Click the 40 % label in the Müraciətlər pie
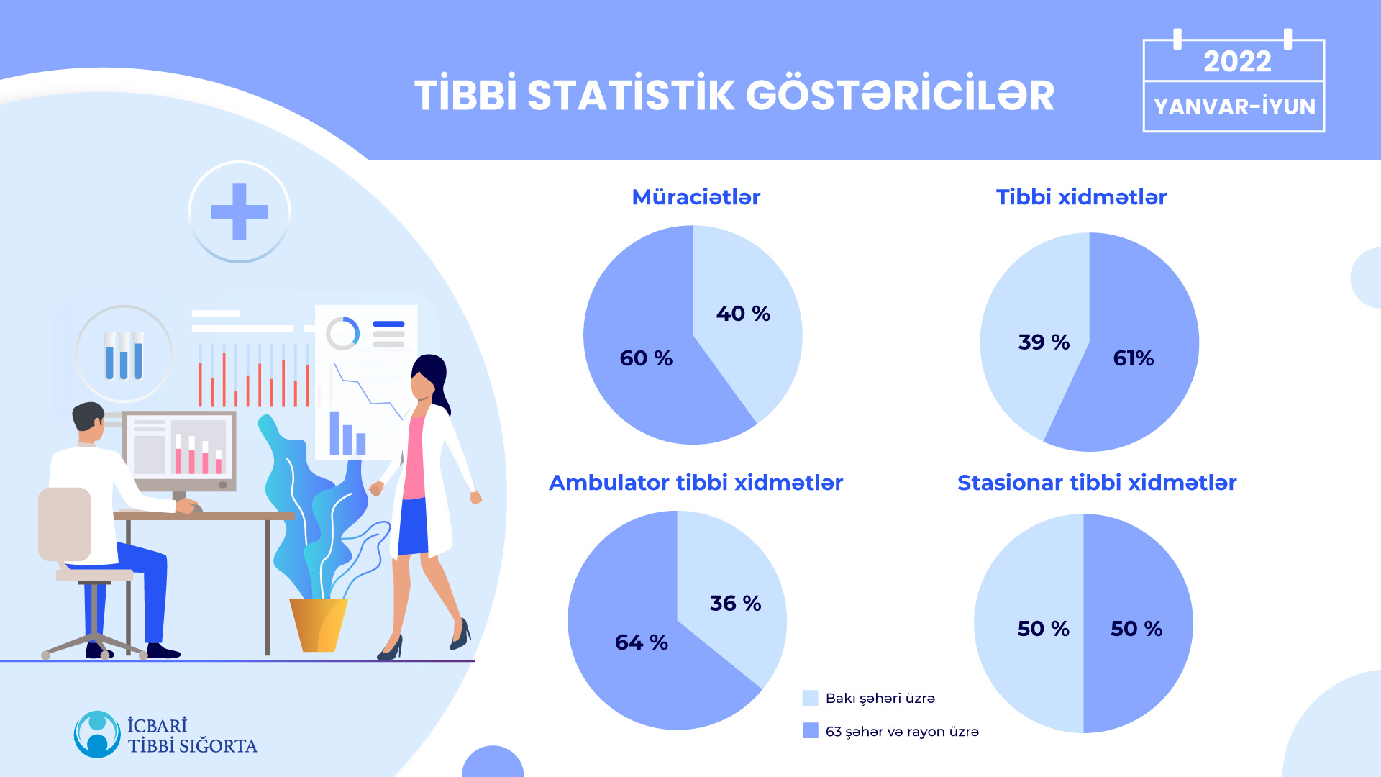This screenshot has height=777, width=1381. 743,314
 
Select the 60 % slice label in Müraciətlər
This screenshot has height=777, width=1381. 646,358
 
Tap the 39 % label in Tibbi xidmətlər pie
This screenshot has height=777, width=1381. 1044,342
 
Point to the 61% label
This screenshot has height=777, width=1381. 1133,358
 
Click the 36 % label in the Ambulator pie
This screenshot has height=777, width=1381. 735,603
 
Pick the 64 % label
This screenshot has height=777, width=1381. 641,642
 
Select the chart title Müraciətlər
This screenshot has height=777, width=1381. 696,197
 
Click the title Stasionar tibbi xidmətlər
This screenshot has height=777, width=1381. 1097,483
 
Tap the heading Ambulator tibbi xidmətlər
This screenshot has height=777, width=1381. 696,483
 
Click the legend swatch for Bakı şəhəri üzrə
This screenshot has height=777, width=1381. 810,698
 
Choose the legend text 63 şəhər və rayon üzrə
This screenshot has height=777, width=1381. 902,732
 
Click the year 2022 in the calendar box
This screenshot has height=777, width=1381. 1237,61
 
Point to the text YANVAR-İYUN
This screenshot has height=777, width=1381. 1234,106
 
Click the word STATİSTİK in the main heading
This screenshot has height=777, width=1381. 631,96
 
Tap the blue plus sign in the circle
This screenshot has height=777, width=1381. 240,212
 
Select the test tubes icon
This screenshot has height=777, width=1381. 124,355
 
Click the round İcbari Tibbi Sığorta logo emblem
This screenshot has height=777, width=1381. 97,735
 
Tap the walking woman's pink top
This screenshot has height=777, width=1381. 414,457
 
